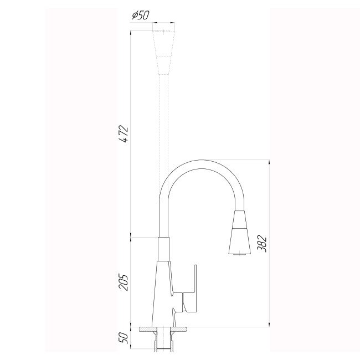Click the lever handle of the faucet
(x=194, y=288)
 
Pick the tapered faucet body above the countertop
(x=164, y=294)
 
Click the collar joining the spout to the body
(x=163, y=249)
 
